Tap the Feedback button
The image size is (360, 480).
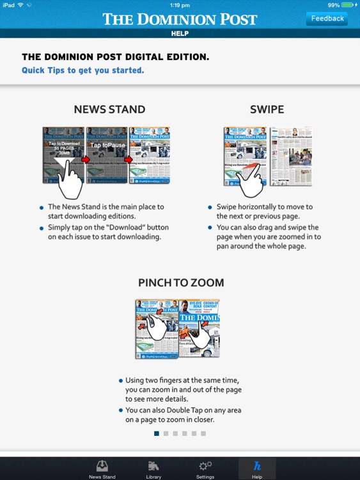click(327, 19)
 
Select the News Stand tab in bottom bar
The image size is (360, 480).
click(102, 468)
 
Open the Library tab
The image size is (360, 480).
click(153, 468)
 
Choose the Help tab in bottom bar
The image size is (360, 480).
click(257, 468)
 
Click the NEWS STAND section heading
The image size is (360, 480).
click(109, 109)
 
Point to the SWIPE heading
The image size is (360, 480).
click(267, 109)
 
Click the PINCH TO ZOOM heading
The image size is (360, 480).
click(181, 282)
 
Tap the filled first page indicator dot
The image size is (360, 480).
click(157, 433)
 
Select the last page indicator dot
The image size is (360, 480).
click(203, 433)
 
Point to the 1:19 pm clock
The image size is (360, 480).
click(180, 4)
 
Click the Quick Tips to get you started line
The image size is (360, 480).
click(82, 70)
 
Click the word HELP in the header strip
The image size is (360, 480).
click(180, 33)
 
